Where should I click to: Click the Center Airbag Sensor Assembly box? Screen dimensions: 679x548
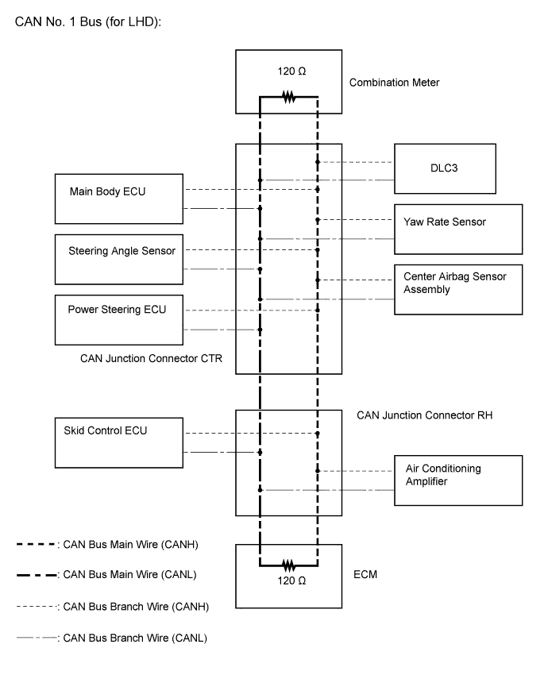[x=458, y=289]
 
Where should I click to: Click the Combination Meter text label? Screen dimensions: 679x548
[x=395, y=82]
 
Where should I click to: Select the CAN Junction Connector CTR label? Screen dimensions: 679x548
[x=151, y=359]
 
